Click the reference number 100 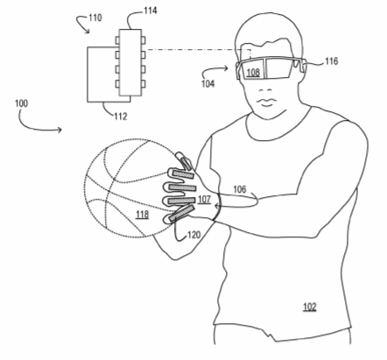coord(21,103)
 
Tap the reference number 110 coord(95,18)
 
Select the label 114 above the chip coord(151,11)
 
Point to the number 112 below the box coord(121,116)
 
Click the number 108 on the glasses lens coord(253,73)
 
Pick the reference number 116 coord(331,61)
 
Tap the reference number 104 coord(208,84)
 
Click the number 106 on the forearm coord(240,189)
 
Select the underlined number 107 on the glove coord(204,200)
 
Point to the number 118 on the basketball coord(142,215)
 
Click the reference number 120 coord(194,235)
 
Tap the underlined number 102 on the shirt coord(310,307)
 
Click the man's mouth coord(265,102)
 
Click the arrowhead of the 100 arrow coord(60,130)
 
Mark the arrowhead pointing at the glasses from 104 coord(226,68)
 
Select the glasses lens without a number coord(278,68)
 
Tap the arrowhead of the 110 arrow coord(88,32)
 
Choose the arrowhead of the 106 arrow coord(217,207)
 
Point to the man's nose coord(265,90)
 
